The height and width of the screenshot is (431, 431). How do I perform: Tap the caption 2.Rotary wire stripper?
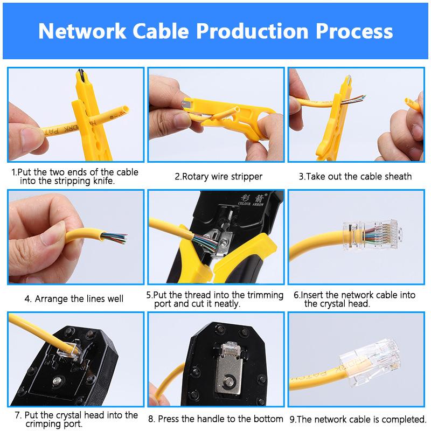[218, 176]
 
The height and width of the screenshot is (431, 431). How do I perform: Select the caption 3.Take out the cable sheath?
[355, 176]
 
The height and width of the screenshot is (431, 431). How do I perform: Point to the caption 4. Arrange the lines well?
[74, 298]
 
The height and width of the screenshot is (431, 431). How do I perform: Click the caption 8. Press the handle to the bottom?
[215, 419]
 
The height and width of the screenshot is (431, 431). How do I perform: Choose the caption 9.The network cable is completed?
[358, 419]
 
